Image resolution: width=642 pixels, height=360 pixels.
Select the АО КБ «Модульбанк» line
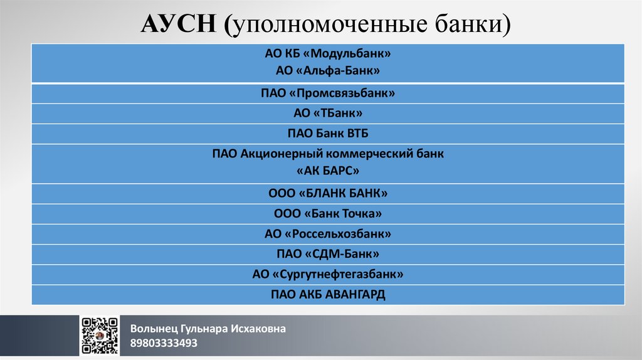pyautogui.click(x=328, y=55)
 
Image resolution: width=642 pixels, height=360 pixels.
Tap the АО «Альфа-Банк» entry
pyautogui.click(x=328, y=71)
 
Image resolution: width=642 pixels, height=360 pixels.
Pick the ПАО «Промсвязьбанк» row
pyautogui.click(x=328, y=93)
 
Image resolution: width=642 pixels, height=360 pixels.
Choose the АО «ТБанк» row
pyautogui.click(x=328, y=114)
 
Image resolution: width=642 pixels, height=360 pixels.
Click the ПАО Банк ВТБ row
pyautogui.click(x=328, y=134)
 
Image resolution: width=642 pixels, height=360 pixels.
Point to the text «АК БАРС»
pyautogui.click(x=328, y=171)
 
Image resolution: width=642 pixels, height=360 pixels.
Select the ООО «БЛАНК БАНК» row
pyautogui.click(x=328, y=193)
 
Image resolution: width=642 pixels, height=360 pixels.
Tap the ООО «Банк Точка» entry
pyautogui.click(x=328, y=214)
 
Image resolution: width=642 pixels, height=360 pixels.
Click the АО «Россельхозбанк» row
pyautogui.click(x=328, y=234)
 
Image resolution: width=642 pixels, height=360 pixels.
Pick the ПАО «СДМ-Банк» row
pyautogui.click(x=328, y=254)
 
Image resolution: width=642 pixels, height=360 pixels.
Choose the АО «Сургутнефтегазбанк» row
pyautogui.click(x=328, y=274)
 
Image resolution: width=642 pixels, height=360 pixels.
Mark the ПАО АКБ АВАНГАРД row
pyautogui.click(x=328, y=294)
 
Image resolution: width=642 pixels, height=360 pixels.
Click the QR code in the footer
pyautogui.click(x=100, y=336)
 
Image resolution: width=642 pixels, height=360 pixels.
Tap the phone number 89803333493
pyautogui.click(x=164, y=343)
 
